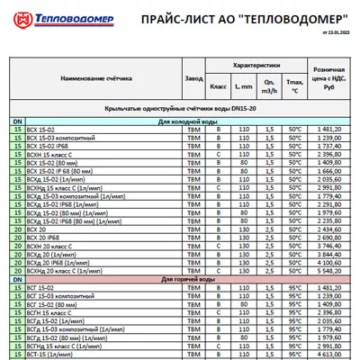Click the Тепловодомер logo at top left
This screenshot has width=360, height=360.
[55, 16]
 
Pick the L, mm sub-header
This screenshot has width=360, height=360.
[243, 85]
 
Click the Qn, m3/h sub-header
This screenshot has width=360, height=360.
[268, 87]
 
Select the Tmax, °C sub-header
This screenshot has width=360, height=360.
[294, 87]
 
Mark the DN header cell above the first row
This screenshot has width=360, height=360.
[17, 120]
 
